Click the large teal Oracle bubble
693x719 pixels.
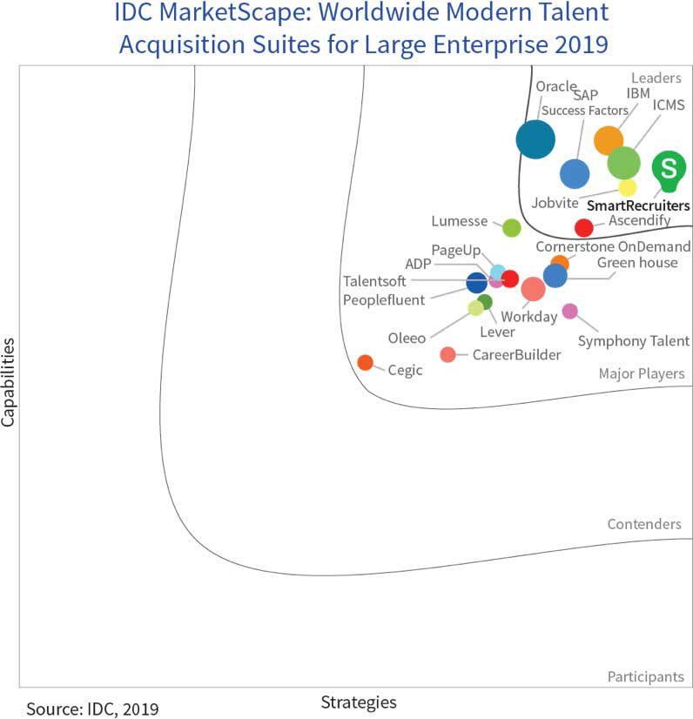535,138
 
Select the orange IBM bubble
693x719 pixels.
609,139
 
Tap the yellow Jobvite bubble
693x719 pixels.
627,187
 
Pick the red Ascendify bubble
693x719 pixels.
584,228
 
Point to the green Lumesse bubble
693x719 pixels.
512,228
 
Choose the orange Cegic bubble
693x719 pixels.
366,362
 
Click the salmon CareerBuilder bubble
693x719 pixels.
447,354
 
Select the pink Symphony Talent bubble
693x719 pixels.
569,311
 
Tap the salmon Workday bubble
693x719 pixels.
533,289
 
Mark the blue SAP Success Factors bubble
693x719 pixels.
574,174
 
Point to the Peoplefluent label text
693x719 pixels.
384,300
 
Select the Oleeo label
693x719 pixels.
407,338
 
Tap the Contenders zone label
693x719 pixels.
644,524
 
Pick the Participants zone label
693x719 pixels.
645,676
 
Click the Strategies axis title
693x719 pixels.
359,702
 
